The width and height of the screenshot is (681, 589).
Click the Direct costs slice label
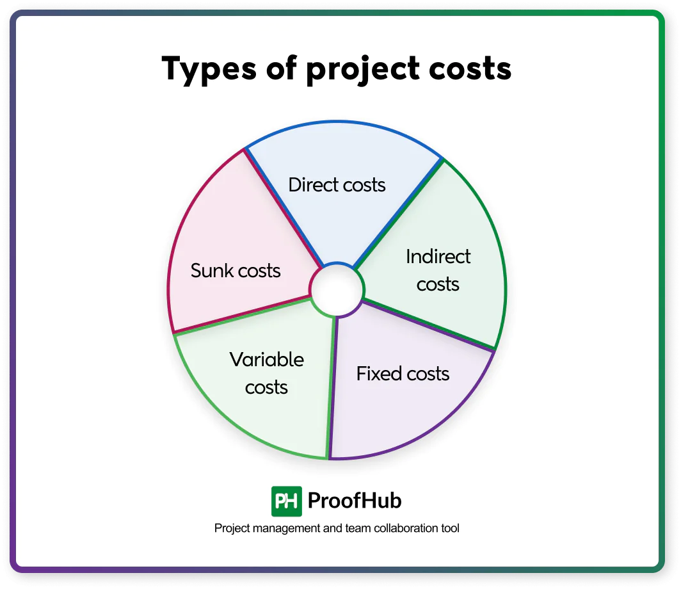(337, 185)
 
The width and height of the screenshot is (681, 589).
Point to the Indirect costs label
(438, 270)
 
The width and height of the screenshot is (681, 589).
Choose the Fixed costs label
(403, 373)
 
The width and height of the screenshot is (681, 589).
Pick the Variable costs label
(267, 373)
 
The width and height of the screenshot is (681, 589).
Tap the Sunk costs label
(236, 270)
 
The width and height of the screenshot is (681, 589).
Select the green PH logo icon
(286, 501)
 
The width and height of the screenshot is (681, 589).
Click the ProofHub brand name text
(355, 500)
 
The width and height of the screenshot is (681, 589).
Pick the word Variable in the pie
(267, 359)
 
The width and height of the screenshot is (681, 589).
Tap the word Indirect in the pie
(438, 257)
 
